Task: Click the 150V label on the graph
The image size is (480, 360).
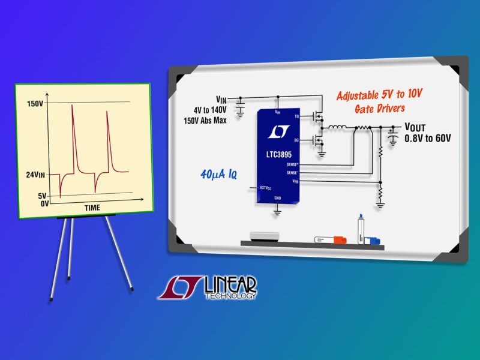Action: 35,104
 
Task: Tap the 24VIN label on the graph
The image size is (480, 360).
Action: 35,175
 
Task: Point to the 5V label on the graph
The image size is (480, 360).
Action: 42,196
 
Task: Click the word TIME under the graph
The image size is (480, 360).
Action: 92,208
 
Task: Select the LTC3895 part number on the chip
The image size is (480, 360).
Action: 279,155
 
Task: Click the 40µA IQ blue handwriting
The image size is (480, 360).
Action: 218,175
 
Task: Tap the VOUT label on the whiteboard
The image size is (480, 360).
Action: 415,127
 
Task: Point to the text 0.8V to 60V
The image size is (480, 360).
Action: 428,139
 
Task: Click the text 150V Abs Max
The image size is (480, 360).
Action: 205,121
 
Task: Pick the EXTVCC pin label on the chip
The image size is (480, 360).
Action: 266,188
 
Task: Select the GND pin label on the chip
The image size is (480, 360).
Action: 278,198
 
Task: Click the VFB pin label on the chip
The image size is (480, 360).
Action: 295,181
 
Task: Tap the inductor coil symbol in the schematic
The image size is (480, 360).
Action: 337,127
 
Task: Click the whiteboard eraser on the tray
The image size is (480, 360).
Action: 265,236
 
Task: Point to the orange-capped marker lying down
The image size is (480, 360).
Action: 331,240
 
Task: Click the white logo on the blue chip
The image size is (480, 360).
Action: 279,131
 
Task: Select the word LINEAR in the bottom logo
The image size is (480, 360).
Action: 230,284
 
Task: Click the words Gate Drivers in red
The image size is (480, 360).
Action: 380,109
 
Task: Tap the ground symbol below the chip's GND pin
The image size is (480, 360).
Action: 277,212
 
